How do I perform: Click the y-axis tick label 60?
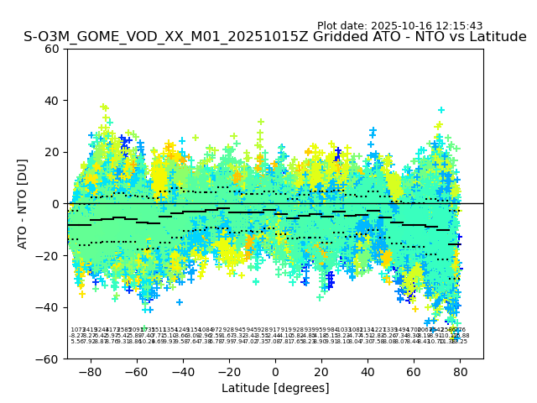point(53,49)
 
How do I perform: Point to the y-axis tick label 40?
point(53,101)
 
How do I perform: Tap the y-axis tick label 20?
point(53,152)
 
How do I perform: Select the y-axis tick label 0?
point(56,204)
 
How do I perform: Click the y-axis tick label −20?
point(50,255)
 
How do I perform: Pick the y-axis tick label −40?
point(50,307)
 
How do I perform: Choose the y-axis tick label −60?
point(50,359)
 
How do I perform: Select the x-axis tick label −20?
point(229,370)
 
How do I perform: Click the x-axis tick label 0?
point(275,370)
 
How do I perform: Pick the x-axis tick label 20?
point(321,370)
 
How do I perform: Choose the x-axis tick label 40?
point(368,370)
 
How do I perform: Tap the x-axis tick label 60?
point(414,370)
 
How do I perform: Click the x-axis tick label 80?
point(460,370)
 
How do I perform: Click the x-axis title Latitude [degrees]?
point(275,388)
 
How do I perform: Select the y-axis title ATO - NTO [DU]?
point(23,204)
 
